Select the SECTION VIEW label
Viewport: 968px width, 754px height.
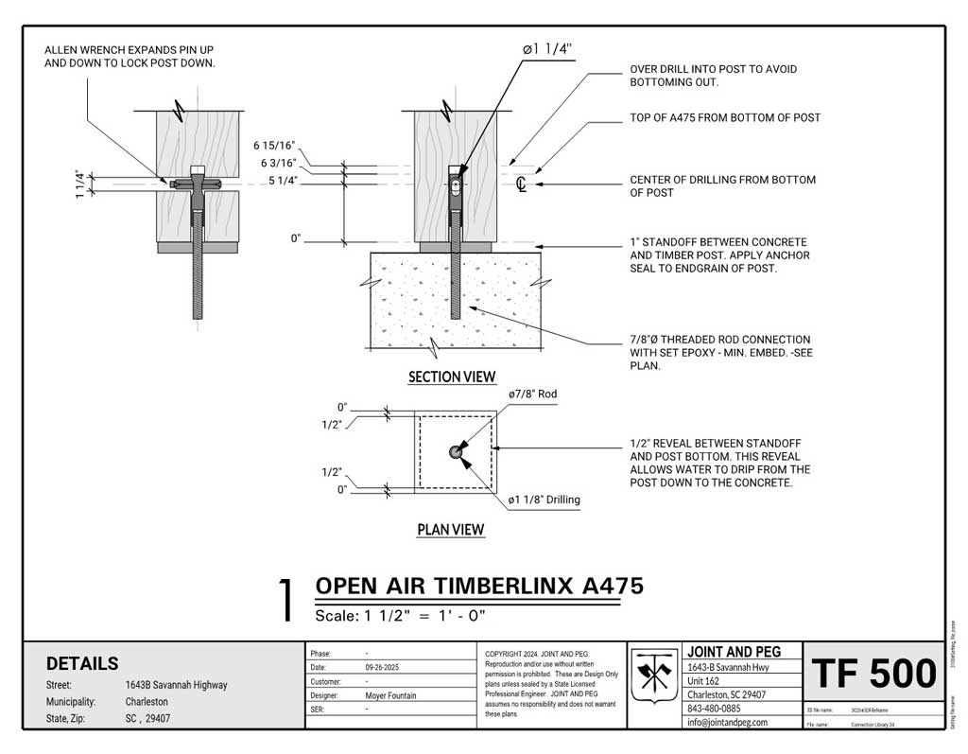[x=452, y=377]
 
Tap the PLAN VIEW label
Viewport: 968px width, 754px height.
[x=451, y=529]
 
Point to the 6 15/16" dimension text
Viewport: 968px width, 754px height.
[x=274, y=146]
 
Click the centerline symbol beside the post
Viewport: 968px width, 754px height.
[x=521, y=184]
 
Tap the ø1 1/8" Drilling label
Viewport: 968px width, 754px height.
[x=544, y=499]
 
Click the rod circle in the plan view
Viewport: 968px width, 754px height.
[x=456, y=452]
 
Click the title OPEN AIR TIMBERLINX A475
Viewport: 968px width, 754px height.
[x=478, y=586]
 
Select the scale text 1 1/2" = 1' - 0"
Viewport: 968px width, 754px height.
[x=400, y=615]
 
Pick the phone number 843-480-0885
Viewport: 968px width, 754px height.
[x=714, y=708]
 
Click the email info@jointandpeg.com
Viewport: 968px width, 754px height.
[x=727, y=722]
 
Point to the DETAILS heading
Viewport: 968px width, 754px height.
[x=82, y=663]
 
